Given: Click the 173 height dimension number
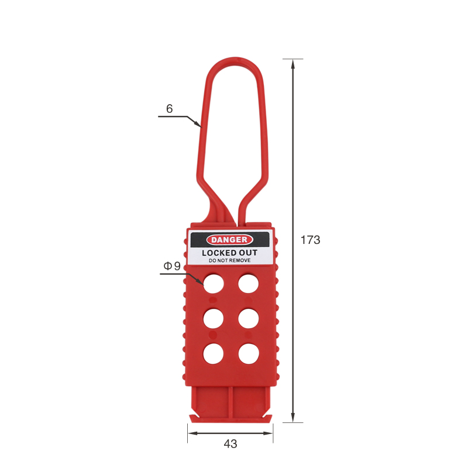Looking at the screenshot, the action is coord(311,240).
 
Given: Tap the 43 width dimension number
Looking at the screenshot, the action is coord(230,444).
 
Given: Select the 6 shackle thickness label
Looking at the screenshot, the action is coord(169,109).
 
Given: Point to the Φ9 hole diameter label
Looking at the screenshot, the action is coord(172,266).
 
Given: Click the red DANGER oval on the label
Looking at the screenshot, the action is coord(229,240).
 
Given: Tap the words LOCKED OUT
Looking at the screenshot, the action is coord(229,253).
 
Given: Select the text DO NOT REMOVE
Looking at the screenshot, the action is coord(229,260).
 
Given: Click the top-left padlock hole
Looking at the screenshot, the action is coord(214,284).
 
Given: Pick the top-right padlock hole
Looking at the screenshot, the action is coord(248,284).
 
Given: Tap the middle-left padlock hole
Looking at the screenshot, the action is coord(214,318).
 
